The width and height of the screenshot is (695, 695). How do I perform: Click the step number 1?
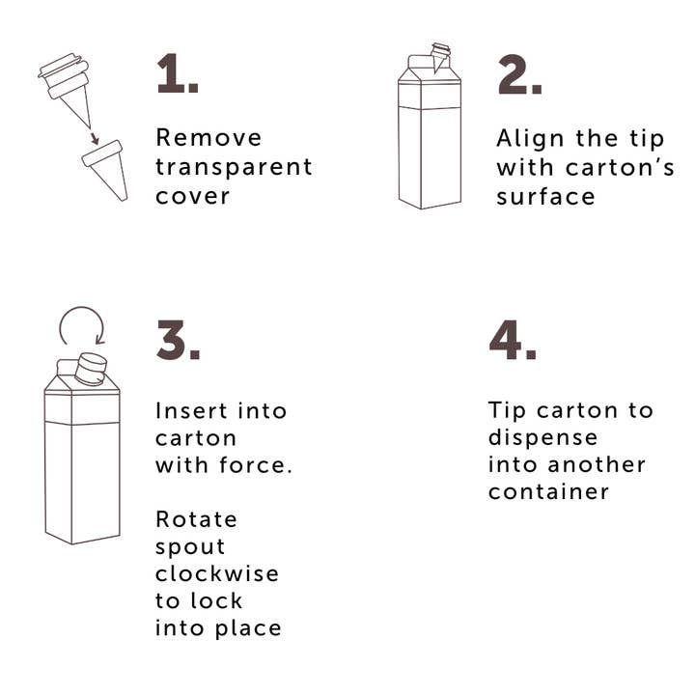[x=178, y=73]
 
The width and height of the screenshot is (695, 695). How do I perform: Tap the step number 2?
[x=519, y=74]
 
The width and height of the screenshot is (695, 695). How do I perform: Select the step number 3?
[x=179, y=339]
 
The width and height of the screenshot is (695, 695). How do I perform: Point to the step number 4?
[x=513, y=339]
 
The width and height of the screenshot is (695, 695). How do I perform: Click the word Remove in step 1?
[x=208, y=137]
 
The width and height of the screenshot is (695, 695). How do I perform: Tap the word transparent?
[x=234, y=167]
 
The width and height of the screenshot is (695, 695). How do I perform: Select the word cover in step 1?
[x=192, y=196]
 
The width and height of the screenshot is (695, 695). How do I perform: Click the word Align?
[x=531, y=140]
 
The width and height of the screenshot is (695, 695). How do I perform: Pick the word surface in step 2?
[x=545, y=196]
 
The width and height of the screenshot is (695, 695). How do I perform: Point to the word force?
[x=256, y=465]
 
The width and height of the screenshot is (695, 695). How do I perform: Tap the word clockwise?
[x=217, y=573]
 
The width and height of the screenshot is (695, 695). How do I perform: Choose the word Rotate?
[x=196, y=519]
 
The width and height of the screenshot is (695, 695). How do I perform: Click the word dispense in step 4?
[x=542, y=438]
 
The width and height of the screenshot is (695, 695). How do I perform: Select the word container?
[x=548, y=491]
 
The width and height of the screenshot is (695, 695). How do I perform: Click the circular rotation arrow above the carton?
[x=82, y=308]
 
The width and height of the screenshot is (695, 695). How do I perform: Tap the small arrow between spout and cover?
[x=94, y=137]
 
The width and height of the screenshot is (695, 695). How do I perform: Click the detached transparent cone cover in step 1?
[x=106, y=168]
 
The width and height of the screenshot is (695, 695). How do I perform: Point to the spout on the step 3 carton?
[x=92, y=369]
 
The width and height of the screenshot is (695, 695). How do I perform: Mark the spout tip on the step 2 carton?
[x=435, y=71]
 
